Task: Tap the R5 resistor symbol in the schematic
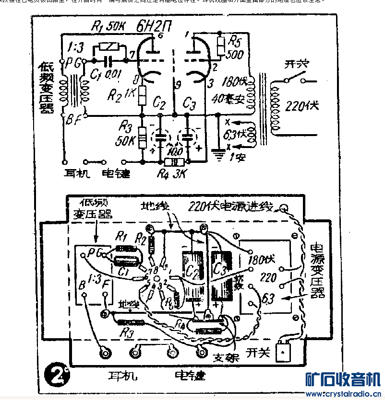pos(221,46)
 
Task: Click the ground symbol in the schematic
pos(218,153)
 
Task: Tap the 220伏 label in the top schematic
pos(302,105)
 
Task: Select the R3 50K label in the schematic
pos(126,134)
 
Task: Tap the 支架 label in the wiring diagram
pos(225,357)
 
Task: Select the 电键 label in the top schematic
pos(116,172)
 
